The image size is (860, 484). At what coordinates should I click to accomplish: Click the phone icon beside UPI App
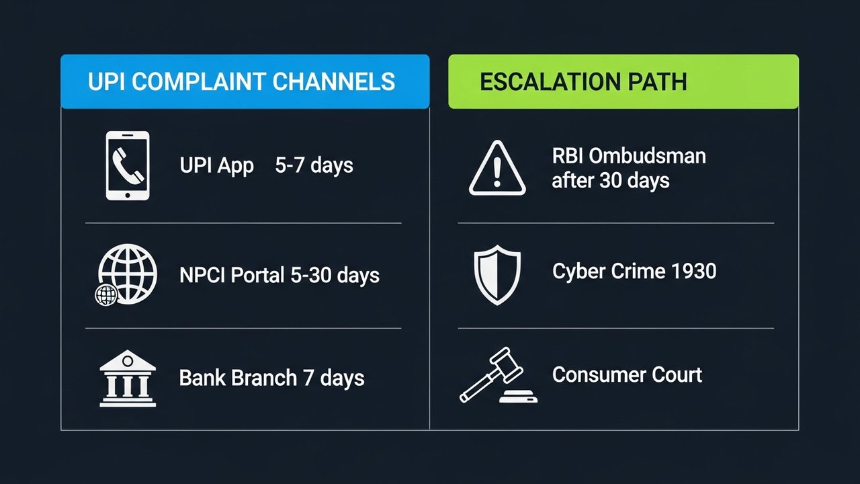click(x=128, y=165)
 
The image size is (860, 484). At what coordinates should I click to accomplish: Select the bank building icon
click(x=128, y=378)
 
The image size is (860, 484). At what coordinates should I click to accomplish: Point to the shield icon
click(x=497, y=275)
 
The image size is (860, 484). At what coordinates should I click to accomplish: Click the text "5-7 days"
click(x=314, y=165)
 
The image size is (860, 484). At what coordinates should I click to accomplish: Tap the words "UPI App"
click(x=217, y=165)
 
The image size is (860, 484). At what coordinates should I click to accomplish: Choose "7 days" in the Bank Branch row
click(x=334, y=378)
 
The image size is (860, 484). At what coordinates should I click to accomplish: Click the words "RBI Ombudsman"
click(x=629, y=157)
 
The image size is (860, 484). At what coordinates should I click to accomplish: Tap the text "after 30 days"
click(x=611, y=180)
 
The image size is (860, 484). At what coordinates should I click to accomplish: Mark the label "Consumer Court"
click(x=627, y=374)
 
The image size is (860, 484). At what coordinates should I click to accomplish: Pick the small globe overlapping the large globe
click(x=107, y=294)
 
